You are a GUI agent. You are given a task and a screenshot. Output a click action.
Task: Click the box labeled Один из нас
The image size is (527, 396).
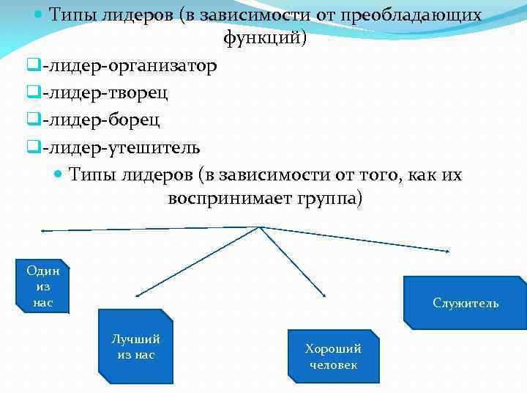point(43,286)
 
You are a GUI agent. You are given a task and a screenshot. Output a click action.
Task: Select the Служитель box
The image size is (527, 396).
point(466,303)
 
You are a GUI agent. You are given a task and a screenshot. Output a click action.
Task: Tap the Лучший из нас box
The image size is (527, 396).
point(135,347)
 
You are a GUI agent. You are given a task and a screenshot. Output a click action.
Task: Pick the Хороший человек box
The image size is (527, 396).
point(333,356)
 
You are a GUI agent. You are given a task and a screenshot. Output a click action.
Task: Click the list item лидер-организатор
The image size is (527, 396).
point(130,67)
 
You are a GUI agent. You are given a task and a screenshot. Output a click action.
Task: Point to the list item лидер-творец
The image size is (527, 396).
point(105,93)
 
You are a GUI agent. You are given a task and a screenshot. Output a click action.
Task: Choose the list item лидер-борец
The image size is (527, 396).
point(102,120)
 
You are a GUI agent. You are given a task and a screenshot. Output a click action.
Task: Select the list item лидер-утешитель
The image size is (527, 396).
point(122,147)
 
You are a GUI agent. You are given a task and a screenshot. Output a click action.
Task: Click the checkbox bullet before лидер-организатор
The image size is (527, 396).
point(32,67)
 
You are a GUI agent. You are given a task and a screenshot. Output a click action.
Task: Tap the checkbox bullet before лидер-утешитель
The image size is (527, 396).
point(32,147)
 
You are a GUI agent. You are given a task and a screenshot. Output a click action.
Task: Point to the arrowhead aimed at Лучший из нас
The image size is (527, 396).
point(138,295)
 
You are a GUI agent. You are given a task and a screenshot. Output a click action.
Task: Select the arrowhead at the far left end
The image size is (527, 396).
point(43,231)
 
